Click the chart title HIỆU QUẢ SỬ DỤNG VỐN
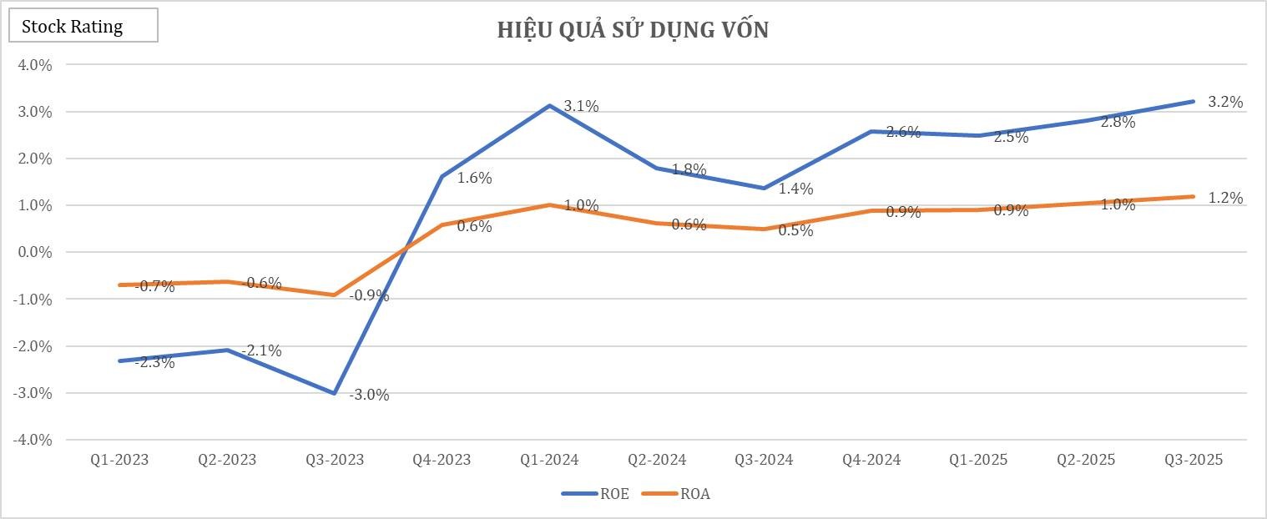pyautogui.click(x=633, y=30)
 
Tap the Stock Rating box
pyautogui.click(x=83, y=26)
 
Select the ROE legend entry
pyautogui.click(x=596, y=494)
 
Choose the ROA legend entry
pyautogui.click(x=676, y=494)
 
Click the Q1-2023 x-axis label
pyautogui.click(x=119, y=460)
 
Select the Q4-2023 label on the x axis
pyautogui.click(x=442, y=460)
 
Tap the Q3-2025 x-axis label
pyautogui.click(x=1194, y=460)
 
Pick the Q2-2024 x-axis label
pyautogui.click(x=657, y=460)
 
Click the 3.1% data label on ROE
pyautogui.click(x=581, y=106)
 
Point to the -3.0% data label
pyautogui.click(x=369, y=395)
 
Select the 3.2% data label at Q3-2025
pyautogui.click(x=1225, y=103)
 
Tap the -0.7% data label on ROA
pyautogui.click(x=155, y=286)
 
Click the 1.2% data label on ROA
pyautogui.click(x=1225, y=198)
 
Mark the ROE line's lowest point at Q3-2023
pyautogui.click(x=335, y=393)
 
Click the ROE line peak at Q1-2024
pyautogui.click(x=549, y=106)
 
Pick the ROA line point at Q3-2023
pyautogui.click(x=335, y=295)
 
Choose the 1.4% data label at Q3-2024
pyautogui.click(x=795, y=189)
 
